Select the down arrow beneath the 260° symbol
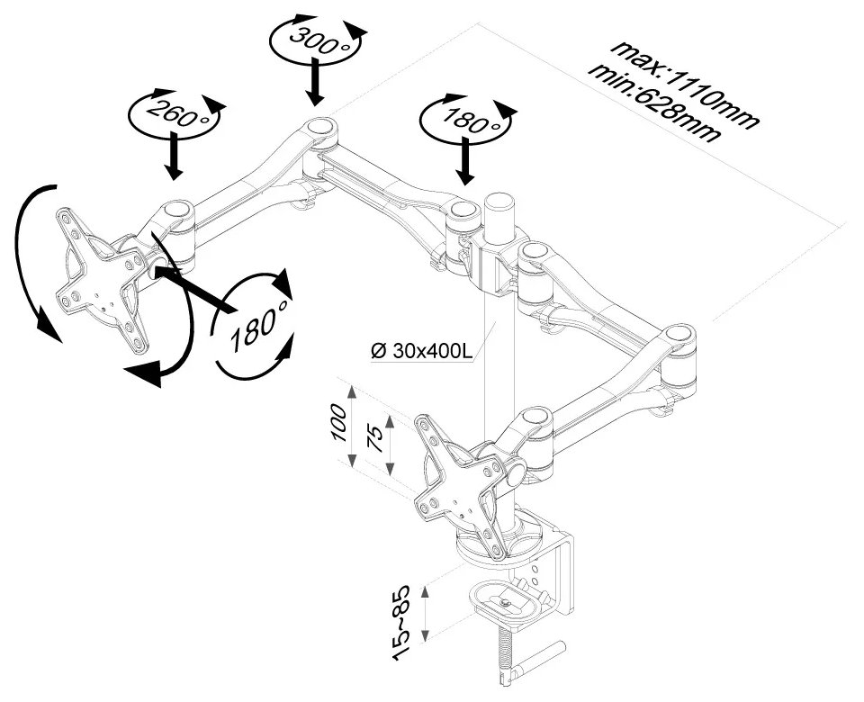point(174,158)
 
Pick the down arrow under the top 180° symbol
point(465,165)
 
